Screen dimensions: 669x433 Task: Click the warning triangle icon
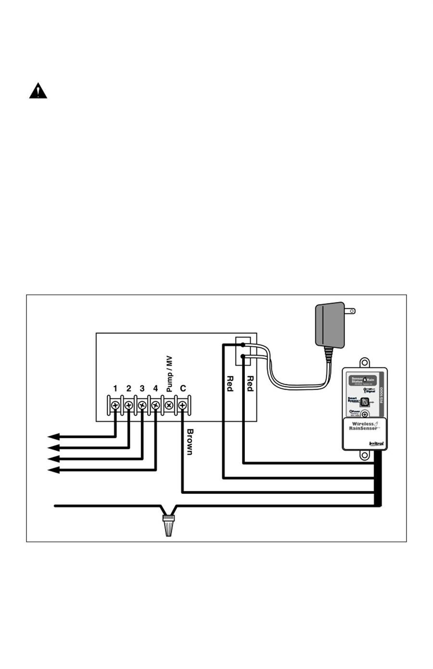38,91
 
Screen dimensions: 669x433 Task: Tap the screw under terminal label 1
115,406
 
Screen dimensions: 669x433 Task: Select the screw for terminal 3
142,406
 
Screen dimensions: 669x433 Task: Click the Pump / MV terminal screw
169,406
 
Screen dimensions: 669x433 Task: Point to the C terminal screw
182,406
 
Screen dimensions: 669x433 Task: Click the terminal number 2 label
128,388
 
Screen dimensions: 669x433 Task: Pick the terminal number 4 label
155,388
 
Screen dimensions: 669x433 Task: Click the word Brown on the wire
190,442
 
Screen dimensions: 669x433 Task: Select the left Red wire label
230,383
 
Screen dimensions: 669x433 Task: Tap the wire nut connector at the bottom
168,525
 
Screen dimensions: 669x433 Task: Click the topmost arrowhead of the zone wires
53,436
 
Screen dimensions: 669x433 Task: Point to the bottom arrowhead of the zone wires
53,470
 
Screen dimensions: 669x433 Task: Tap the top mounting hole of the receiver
365,361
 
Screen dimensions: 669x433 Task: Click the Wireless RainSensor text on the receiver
364,426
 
